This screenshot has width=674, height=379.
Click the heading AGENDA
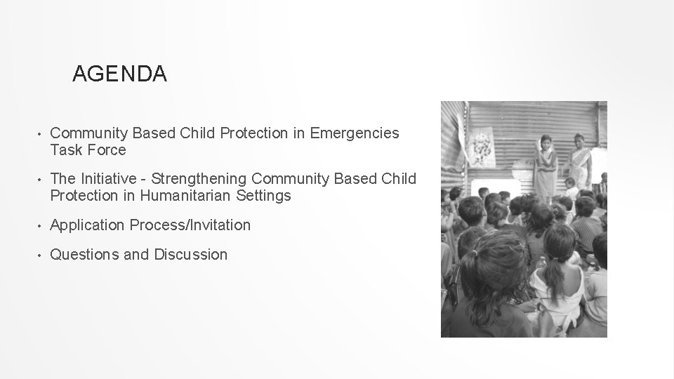119,74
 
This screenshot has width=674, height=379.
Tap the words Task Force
88,150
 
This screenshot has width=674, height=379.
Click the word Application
88,225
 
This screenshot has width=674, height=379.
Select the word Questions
84,255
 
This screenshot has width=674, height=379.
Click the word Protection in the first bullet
254,133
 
